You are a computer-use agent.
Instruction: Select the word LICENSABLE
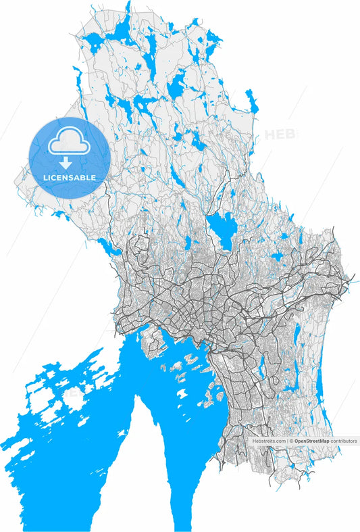70,178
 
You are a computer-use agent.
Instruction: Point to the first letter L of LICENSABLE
45,178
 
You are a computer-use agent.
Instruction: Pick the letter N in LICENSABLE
63,178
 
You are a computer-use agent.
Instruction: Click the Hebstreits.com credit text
269,441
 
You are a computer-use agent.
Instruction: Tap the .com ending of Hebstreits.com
280,441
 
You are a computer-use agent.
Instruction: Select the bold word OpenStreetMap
311,441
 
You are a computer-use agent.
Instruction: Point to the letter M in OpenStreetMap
322,441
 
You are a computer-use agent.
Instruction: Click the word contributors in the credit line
344,441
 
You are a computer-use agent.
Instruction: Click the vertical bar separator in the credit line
288,441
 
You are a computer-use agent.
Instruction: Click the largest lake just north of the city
221,228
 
